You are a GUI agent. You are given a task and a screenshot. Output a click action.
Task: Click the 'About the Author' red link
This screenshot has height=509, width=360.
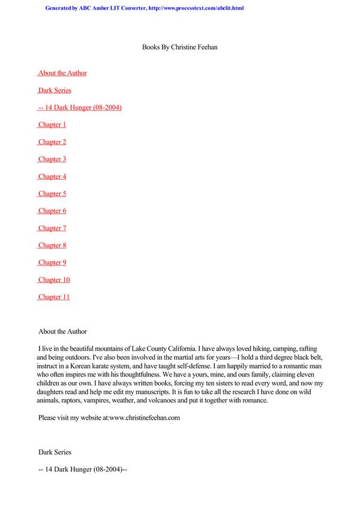(62, 73)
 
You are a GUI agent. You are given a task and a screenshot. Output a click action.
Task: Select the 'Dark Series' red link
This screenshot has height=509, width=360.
(55, 91)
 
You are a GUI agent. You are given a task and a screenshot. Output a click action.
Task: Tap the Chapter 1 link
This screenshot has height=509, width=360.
(52, 125)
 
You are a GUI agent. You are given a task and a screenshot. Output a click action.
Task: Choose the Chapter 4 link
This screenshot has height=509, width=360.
(52, 177)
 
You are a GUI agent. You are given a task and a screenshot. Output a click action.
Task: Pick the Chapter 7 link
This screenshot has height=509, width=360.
(52, 228)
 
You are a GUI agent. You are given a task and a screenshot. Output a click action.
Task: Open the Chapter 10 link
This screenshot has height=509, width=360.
(54, 280)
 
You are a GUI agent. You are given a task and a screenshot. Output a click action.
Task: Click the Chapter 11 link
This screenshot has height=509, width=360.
(54, 297)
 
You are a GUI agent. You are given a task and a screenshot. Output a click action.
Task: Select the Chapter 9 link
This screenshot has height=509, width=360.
(52, 263)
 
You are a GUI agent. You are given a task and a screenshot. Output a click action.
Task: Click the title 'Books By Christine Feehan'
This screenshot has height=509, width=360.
(179, 47)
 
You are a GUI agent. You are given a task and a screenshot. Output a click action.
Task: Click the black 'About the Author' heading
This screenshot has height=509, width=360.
(62, 332)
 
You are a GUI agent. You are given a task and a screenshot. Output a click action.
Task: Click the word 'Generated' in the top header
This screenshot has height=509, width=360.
(61, 8)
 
